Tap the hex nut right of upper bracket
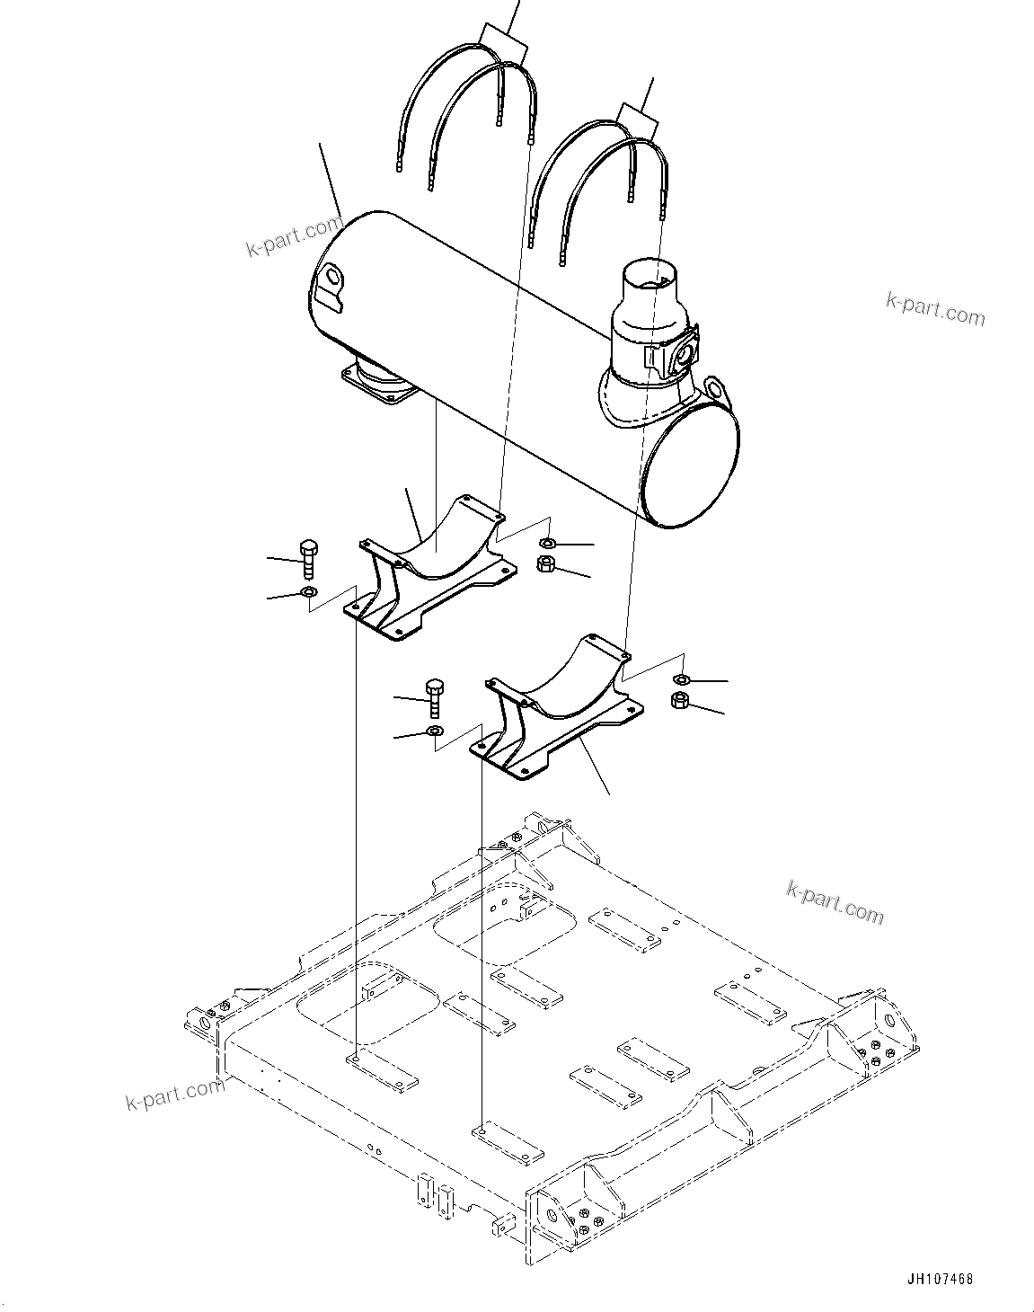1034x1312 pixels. click(x=544, y=564)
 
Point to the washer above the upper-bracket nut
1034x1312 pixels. click(x=547, y=543)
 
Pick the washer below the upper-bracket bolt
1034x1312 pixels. click(x=308, y=592)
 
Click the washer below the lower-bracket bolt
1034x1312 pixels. click(x=435, y=731)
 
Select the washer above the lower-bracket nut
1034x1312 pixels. click(x=682, y=678)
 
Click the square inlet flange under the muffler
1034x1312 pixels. click(x=377, y=387)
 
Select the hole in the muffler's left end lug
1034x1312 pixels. click(x=332, y=273)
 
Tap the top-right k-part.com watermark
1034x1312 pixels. click(x=935, y=310)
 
